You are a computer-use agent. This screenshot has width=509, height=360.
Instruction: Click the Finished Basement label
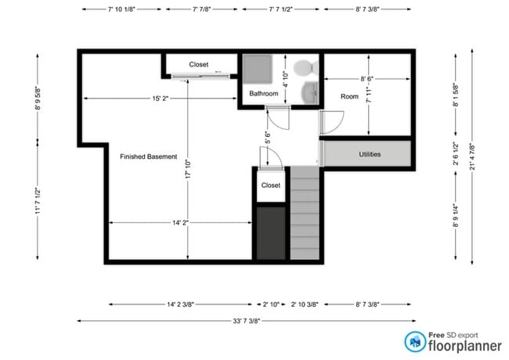(x=148, y=157)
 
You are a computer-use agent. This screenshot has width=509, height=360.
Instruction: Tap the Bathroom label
(x=264, y=94)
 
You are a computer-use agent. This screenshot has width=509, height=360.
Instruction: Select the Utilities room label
(x=370, y=154)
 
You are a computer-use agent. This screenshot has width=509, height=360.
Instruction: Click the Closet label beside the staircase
(x=271, y=185)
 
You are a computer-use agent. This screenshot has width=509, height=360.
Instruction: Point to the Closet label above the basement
(x=199, y=64)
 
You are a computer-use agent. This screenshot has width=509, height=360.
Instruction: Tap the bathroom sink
(x=311, y=92)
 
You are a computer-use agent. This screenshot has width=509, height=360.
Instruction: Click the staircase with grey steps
(x=306, y=213)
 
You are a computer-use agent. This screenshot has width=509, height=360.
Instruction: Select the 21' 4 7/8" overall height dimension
(x=472, y=156)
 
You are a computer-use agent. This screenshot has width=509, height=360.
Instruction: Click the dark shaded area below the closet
(x=272, y=232)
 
